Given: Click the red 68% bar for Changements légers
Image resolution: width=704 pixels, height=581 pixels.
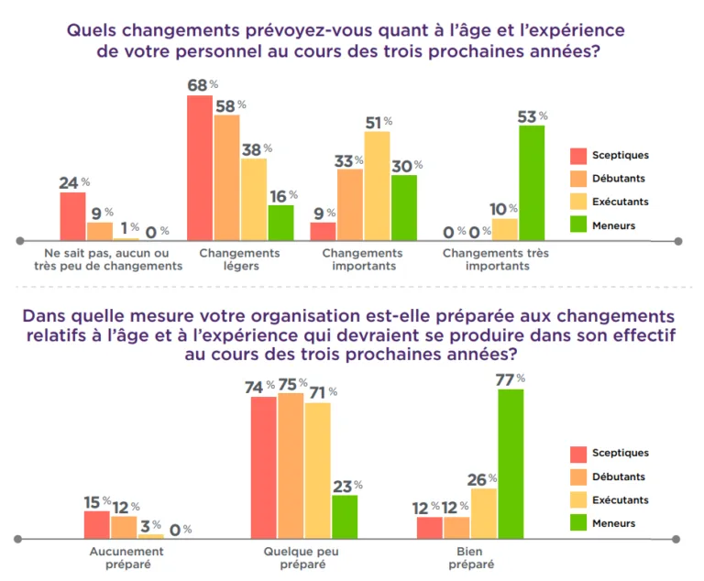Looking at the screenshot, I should [x=200, y=168].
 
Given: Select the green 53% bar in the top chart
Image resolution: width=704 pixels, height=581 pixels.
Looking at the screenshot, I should [x=531, y=182].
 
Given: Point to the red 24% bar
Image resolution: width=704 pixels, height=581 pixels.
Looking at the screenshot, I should [x=72, y=216].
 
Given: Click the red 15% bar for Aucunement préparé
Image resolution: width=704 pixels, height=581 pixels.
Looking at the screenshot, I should [x=96, y=524].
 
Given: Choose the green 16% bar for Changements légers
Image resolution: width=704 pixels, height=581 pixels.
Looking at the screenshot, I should [x=280, y=223].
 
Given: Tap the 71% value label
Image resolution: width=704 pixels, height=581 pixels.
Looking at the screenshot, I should [x=320, y=392].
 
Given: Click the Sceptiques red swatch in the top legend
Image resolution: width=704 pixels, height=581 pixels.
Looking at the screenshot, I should [x=578, y=156].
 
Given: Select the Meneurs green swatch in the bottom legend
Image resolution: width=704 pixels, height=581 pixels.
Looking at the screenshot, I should [x=578, y=523].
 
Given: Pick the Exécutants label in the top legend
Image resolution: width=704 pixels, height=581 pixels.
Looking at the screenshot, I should [x=621, y=202].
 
